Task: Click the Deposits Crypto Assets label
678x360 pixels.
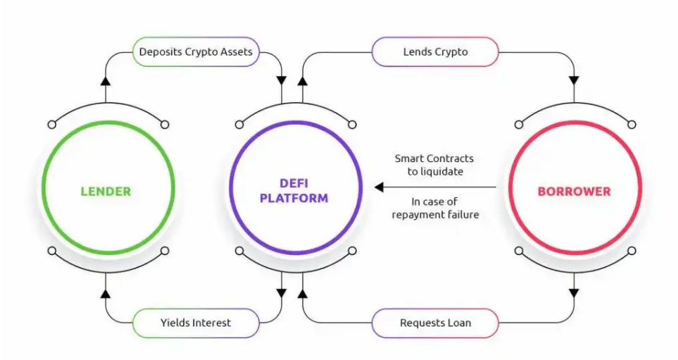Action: click(x=195, y=52)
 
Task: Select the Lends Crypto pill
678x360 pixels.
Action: click(x=434, y=52)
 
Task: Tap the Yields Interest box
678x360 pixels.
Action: click(x=195, y=323)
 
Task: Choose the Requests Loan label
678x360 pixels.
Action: click(x=434, y=323)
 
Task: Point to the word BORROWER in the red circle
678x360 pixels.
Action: click(x=575, y=191)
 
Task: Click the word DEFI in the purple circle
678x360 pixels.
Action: click(x=294, y=184)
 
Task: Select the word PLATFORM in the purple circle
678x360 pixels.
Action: click(x=294, y=199)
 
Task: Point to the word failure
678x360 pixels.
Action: click(x=458, y=213)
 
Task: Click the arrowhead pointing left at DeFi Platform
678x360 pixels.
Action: click(x=379, y=187)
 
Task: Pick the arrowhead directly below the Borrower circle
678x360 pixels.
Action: click(x=575, y=292)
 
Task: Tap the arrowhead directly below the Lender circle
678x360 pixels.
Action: click(x=106, y=292)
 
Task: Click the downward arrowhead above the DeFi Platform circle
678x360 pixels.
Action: click(x=282, y=80)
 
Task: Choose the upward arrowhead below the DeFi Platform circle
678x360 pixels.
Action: click(x=303, y=292)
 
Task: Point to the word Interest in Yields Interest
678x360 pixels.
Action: click(x=209, y=323)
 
